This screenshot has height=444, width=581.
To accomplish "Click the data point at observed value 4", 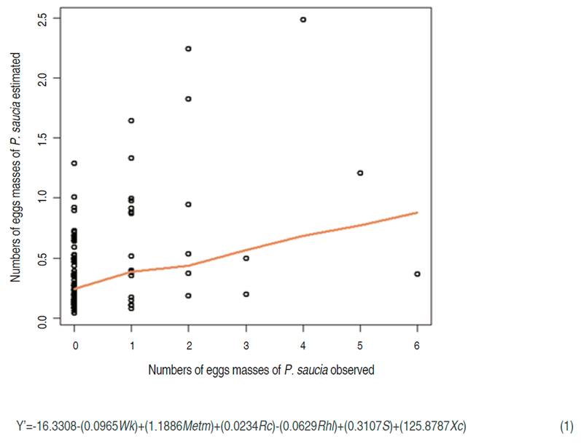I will point(303,20).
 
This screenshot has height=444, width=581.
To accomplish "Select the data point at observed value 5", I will point(360,173).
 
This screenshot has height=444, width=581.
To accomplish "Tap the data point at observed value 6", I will point(417,274).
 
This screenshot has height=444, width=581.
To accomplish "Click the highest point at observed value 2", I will point(189,49).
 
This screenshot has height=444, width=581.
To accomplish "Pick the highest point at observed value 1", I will point(131,120).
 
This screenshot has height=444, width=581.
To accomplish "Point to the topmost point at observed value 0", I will point(74,163).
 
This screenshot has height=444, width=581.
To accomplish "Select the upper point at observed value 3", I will point(246,258).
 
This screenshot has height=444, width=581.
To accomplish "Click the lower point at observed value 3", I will point(246,294).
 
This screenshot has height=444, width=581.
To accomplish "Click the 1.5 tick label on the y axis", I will point(44,138).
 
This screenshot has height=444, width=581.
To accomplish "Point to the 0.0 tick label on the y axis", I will point(44,318).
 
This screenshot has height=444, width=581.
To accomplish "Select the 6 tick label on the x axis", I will point(417,348).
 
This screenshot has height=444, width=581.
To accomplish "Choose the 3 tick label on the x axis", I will point(246,348).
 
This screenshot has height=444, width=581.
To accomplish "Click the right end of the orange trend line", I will point(417,213).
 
